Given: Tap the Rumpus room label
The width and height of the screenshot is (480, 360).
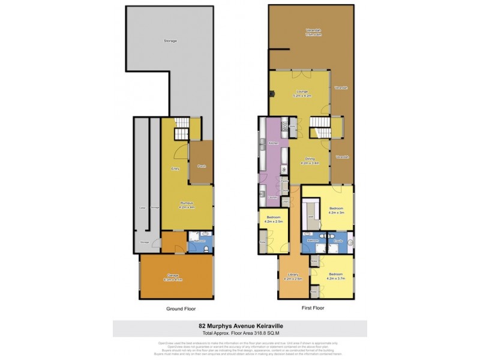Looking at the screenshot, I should coord(186,205).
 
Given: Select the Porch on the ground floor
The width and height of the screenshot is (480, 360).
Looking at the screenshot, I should coord(202,166).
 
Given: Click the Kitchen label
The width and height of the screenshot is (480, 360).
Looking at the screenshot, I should coord(273,143).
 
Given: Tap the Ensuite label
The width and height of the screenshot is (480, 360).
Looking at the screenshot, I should coord(338,240).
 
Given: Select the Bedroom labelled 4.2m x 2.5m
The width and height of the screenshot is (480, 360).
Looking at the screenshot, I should coord(273,220).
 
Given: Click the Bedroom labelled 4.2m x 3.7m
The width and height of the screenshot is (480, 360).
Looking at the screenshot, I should coord(335,276).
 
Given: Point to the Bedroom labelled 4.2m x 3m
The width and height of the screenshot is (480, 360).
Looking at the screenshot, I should coord(336,210).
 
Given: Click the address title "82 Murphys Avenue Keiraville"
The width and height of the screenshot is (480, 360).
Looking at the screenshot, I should coord(239,327).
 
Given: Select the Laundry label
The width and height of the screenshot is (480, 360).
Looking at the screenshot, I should coord(273,198).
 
